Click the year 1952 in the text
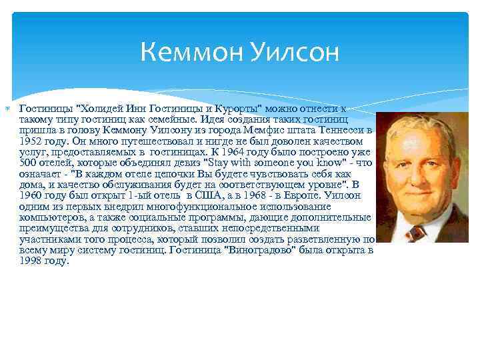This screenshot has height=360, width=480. (x=31, y=141)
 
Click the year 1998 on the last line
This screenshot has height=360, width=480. (x=31, y=260)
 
